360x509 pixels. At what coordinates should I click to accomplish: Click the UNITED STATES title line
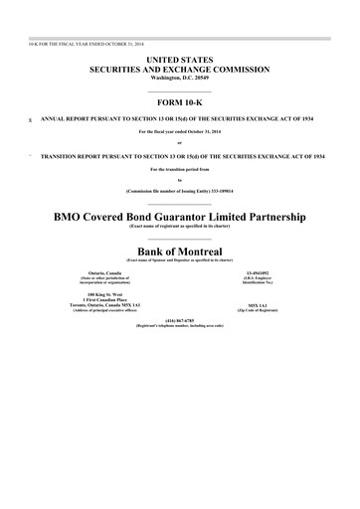coord(179,62)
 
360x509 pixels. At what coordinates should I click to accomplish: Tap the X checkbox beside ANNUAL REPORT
coord(31,119)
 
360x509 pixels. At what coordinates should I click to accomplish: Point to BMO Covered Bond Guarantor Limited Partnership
coord(179,215)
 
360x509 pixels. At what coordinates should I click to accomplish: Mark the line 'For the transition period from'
coord(179,169)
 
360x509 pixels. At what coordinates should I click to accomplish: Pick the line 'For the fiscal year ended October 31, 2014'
coord(179,132)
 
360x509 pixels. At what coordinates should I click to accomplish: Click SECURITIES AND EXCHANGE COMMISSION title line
coord(179,71)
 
